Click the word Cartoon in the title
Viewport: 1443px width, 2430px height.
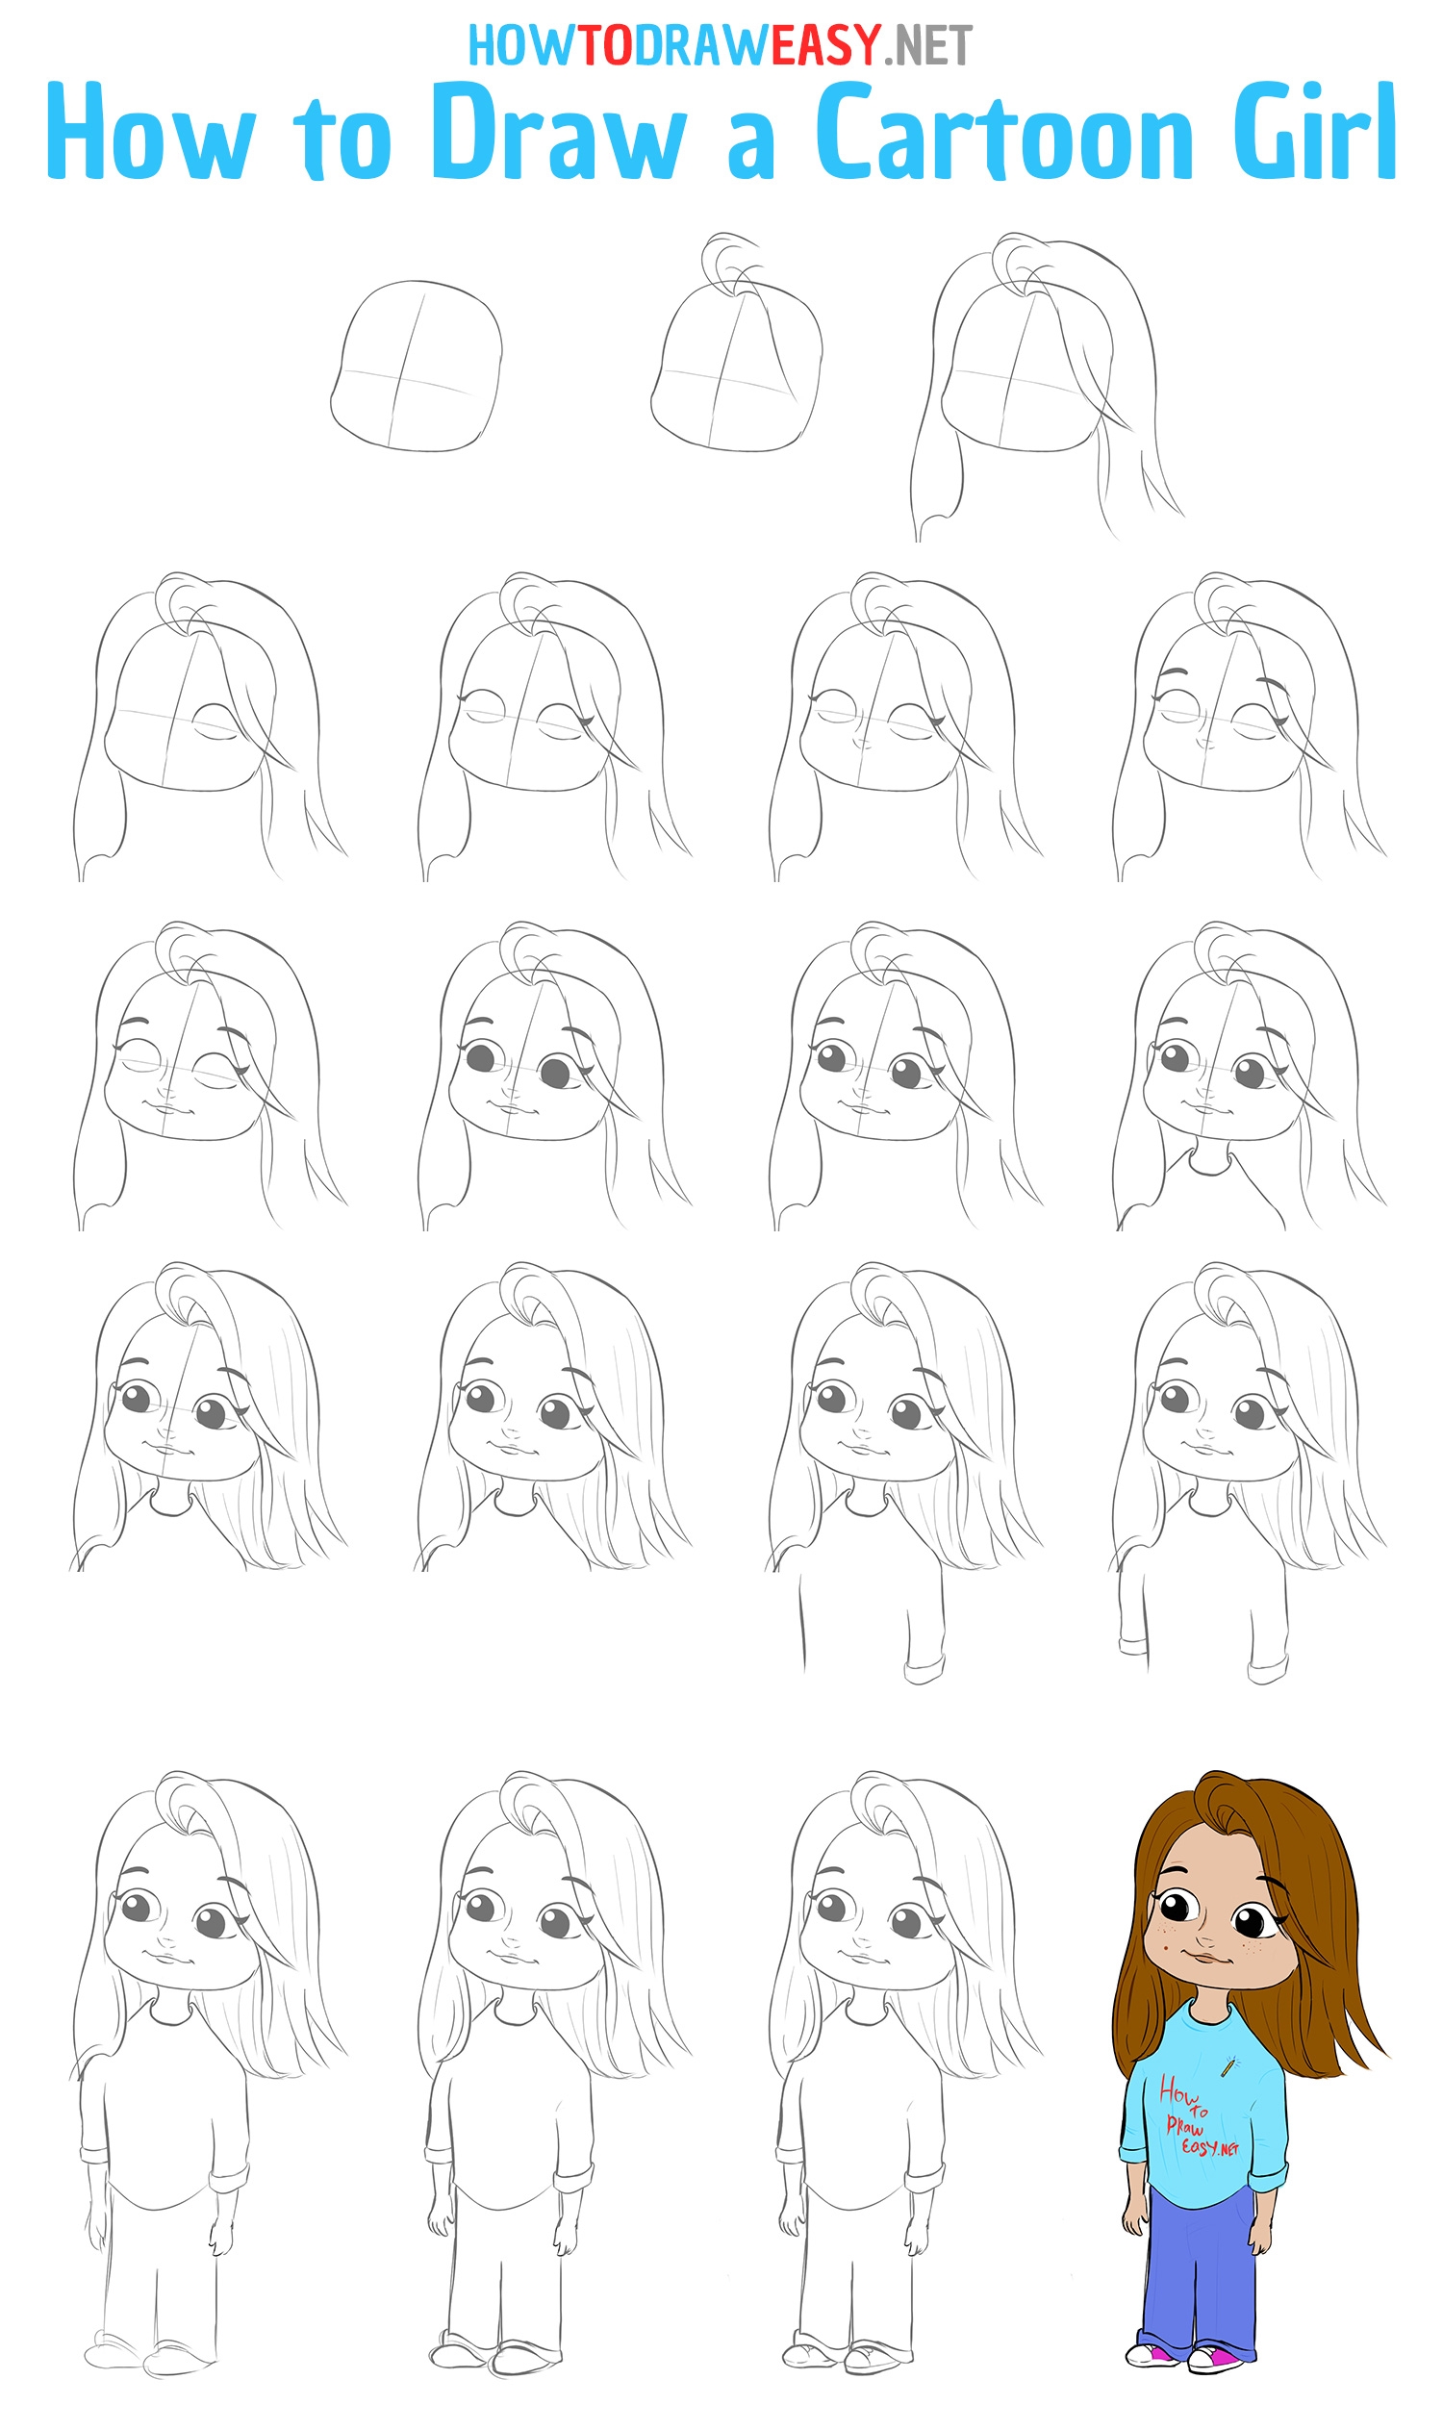point(1004,133)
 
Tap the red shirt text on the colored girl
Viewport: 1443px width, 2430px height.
point(1197,2116)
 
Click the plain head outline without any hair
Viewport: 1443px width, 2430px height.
point(417,366)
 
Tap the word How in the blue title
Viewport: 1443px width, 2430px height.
point(151,131)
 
